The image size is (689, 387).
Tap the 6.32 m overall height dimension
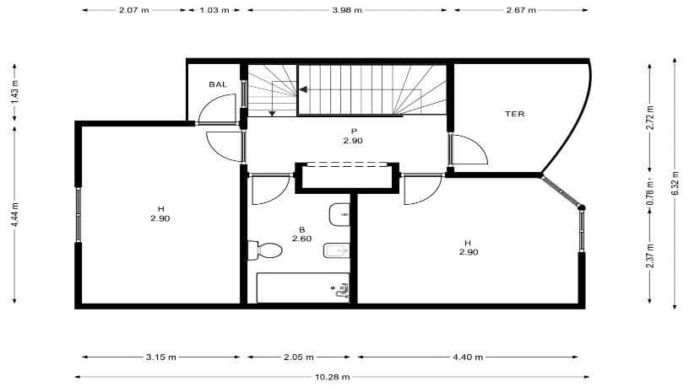click(x=675, y=184)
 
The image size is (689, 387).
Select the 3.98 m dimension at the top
click(x=346, y=11)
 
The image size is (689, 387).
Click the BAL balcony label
click(x=218, y=84)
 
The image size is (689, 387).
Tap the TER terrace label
click(x=515, y=113)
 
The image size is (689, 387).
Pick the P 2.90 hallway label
click(x=353, y=136)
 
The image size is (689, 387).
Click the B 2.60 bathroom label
click(x=301, y=234)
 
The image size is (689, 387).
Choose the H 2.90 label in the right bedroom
click(x=469, y=247)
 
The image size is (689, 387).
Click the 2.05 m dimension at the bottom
click(x=301, y=357)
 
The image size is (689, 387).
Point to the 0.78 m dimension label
click(x=649, y=191)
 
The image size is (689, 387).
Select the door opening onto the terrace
click(x=467, y=149)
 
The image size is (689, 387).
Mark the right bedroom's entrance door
click(x=419, y=190)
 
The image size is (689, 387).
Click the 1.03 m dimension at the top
click(x=214, y=11)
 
